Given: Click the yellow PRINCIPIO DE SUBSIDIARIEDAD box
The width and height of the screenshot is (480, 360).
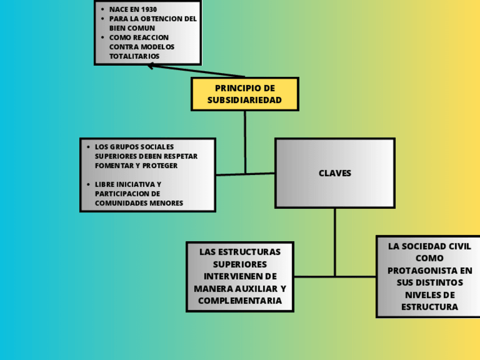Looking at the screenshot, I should (245, 94).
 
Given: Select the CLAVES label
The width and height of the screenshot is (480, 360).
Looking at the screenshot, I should (335, 173).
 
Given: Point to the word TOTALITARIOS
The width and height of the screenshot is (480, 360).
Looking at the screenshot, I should (134, 57).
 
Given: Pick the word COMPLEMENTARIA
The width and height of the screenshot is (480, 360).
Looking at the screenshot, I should (240, 301).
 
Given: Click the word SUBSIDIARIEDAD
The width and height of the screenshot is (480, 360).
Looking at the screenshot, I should (245, 100).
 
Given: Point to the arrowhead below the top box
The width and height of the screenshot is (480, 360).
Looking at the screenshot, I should (151, 66).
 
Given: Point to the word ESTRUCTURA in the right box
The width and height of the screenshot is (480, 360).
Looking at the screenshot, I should (430, 307).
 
